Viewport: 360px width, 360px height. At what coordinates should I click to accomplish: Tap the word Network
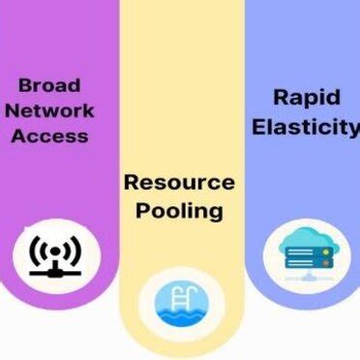[x=49, y=109]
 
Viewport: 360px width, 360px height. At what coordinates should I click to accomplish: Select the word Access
[x=49, y=135]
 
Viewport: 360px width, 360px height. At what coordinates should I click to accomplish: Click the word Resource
[x=179, y=182]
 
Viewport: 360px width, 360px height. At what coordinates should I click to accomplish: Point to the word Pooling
[x=179, y=209]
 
